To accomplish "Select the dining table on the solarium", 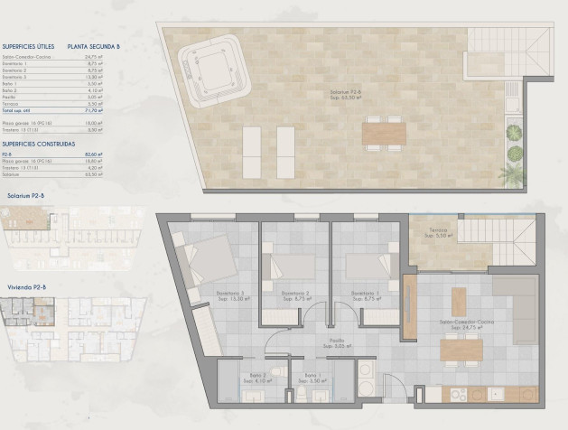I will pyautogui.click(x=384, y=135).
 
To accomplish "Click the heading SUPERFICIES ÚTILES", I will pyautogui.click(x=28, y=45).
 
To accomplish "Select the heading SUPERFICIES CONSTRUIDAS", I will pyautogui.click(x=38, y=143).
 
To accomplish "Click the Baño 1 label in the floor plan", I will pyautogui.click(x=312, y=375).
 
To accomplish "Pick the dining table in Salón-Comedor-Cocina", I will pyautogui.click(x=461, y=349).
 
